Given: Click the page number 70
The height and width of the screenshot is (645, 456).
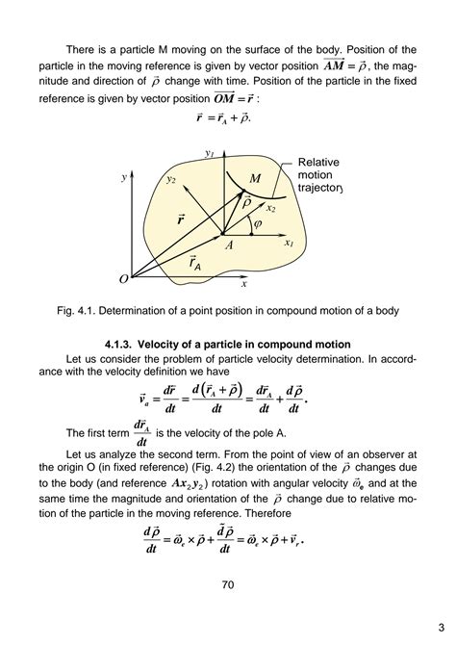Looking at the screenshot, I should (227, 584).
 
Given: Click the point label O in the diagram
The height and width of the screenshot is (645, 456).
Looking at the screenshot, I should (123, 279).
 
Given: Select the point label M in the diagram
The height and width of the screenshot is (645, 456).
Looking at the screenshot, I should (255, 179).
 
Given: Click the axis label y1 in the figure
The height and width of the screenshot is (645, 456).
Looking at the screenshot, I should (209, 153).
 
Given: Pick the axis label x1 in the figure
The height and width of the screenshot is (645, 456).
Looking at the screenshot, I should (288, 244).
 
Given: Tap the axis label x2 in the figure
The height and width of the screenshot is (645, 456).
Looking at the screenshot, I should (270, 208).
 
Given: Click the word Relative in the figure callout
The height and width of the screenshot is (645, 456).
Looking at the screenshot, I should (318, 163).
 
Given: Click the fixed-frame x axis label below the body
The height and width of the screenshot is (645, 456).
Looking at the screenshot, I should (244, 284).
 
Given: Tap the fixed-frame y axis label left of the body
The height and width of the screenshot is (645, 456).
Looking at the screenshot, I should (124, 178).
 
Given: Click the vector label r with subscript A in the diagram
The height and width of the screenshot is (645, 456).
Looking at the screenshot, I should (194, 262).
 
